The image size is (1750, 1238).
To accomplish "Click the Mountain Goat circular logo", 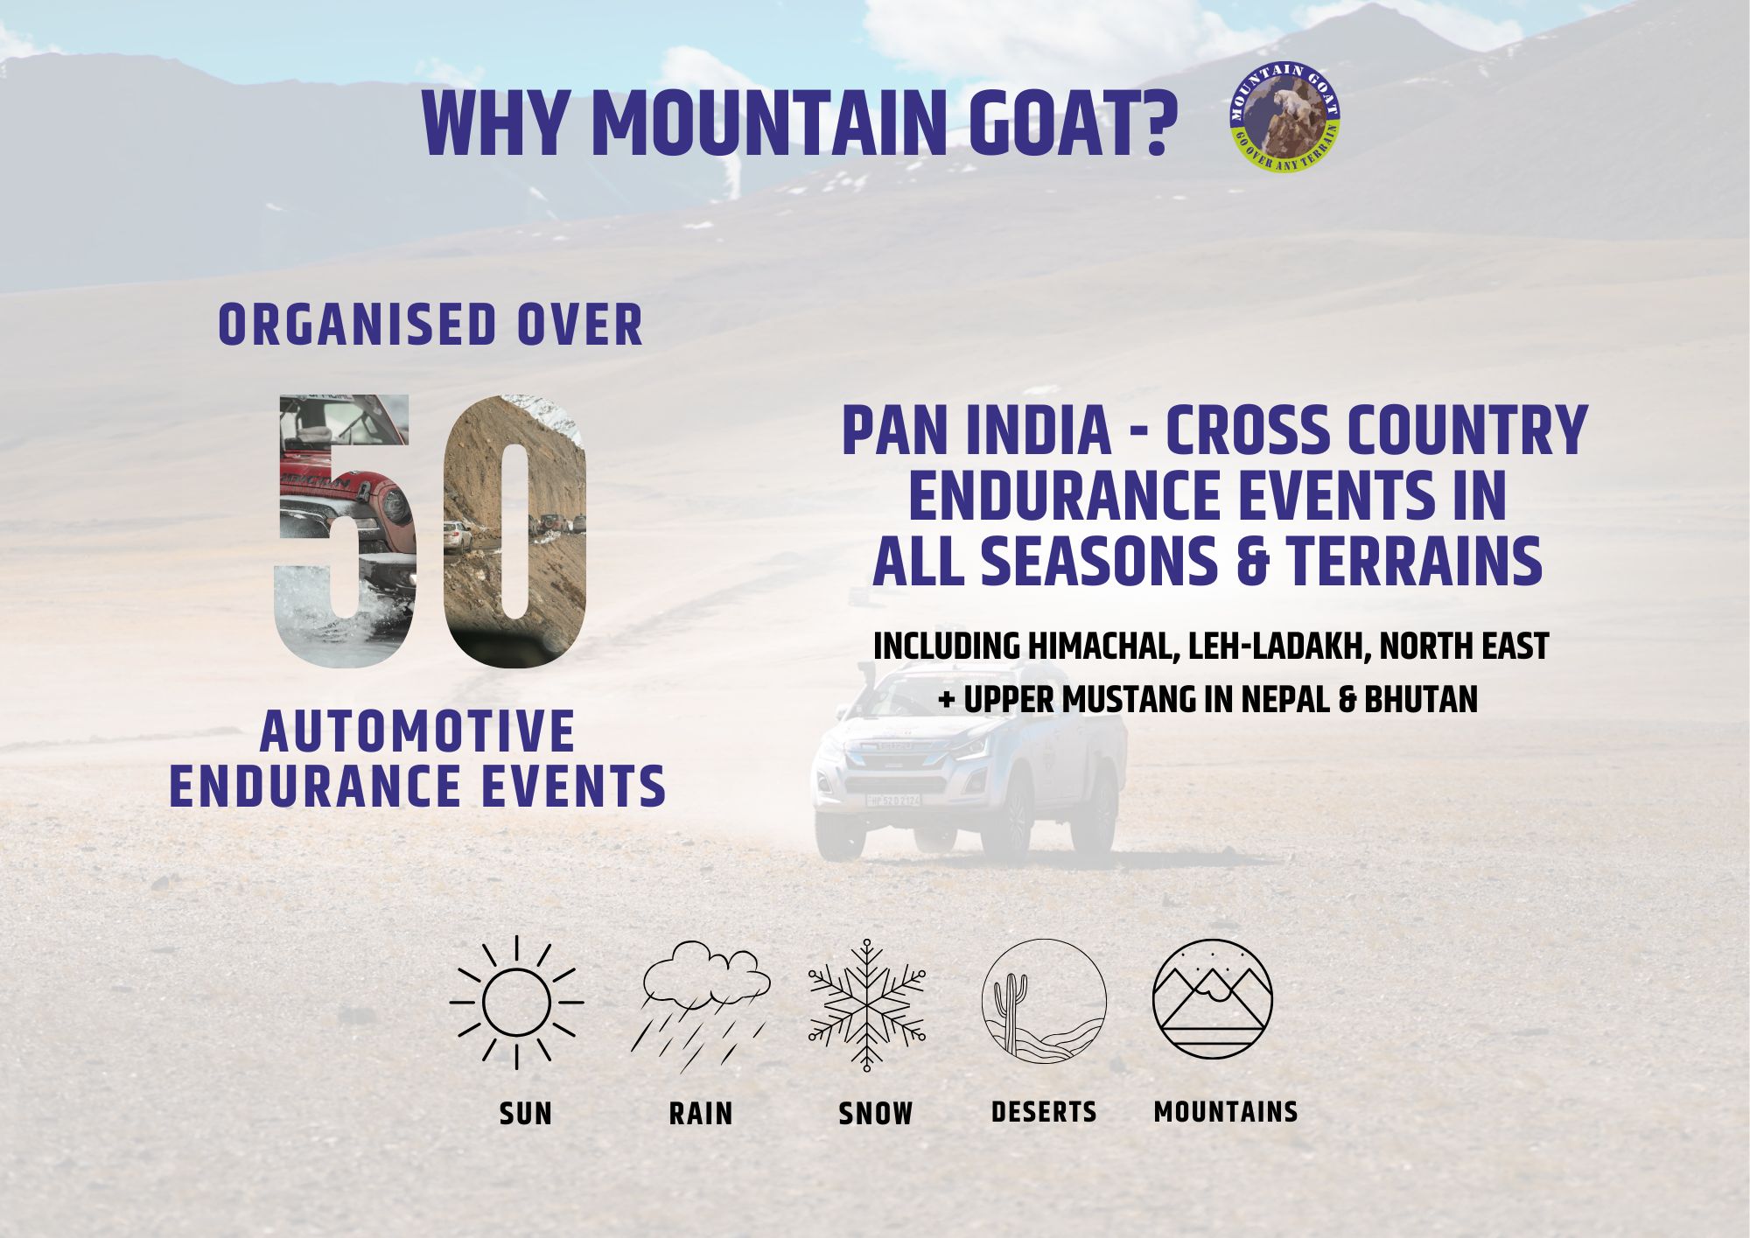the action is click(1285, 117).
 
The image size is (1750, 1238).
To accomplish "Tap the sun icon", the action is click(516, 1002).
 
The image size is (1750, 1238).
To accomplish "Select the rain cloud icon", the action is click(701, 1006).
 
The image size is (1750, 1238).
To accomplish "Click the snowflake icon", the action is click(867, 1005).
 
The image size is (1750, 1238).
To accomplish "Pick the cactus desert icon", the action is click(1044, 1001).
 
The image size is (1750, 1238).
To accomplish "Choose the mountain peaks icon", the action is click(1213, 999).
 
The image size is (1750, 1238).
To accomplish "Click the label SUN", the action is click(526, 1114).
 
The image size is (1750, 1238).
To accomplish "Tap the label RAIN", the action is click(701, 1114).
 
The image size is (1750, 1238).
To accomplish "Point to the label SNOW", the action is click(875, 1114).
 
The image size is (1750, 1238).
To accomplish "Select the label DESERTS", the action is click(1044, 1112).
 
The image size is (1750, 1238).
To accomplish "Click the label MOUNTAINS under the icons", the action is click(1226, 1112).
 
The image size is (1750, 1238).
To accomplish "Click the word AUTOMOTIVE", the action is click(417, 731).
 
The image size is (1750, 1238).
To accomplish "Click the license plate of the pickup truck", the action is click(892, 800).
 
